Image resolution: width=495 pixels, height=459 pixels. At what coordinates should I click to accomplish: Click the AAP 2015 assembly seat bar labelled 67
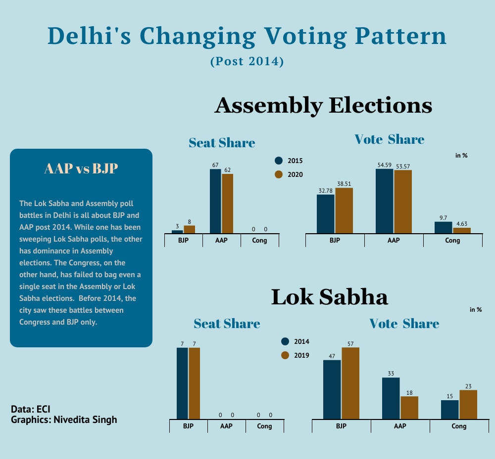pos(215,201)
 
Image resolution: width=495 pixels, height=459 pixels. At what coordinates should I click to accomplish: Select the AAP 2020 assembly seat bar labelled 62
pos(227,204)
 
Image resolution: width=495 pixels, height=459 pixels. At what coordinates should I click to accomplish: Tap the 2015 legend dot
pos(279,161)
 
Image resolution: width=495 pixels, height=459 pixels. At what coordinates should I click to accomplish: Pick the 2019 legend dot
pos(285,355)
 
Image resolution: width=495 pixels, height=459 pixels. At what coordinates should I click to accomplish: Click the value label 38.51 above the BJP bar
pos(344,183)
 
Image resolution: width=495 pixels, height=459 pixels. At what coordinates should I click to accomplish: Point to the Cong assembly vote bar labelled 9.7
pos(444,227)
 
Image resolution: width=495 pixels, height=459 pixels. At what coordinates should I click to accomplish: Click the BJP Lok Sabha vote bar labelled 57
pos(350,383)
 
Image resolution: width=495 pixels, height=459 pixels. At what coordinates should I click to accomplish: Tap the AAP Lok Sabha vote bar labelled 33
pos(391,398)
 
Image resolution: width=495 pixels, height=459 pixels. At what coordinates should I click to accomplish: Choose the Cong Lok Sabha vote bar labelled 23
pos(468,405)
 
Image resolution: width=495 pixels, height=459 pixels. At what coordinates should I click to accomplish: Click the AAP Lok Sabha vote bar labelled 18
pos(409,408)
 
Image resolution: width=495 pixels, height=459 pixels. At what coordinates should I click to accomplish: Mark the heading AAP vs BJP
pos(81,169)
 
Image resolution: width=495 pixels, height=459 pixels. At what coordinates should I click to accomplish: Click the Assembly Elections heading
pos(323,105)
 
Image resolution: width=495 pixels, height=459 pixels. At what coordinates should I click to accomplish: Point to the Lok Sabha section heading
pos(330,297)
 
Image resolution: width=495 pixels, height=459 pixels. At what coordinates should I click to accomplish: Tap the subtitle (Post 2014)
pos(247,62)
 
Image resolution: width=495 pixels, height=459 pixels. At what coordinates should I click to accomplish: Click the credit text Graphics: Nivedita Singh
pos(64,420)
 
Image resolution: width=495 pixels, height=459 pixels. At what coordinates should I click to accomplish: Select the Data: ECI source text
pos(31,410)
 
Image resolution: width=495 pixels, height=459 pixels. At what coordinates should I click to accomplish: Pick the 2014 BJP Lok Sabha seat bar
pos(182,383)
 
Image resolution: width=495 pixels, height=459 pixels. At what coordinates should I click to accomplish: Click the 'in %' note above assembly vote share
pos(461,156)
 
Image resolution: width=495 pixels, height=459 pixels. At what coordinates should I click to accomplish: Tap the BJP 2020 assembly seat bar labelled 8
pos(190,229)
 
